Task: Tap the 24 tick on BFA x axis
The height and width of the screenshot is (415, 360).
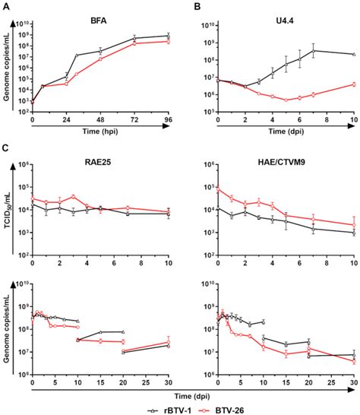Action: coord(66,120)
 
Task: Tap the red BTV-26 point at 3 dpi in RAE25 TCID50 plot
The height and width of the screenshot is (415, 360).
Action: coord(73,196)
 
